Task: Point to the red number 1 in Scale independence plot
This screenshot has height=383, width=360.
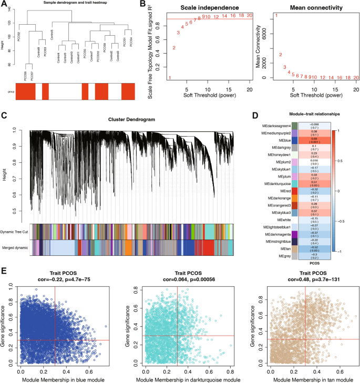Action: (170, 78)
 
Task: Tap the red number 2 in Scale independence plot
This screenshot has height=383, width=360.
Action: (174, 48)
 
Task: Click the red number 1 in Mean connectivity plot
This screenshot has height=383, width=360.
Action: (276, 16)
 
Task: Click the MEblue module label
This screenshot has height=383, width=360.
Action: (280, 141)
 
